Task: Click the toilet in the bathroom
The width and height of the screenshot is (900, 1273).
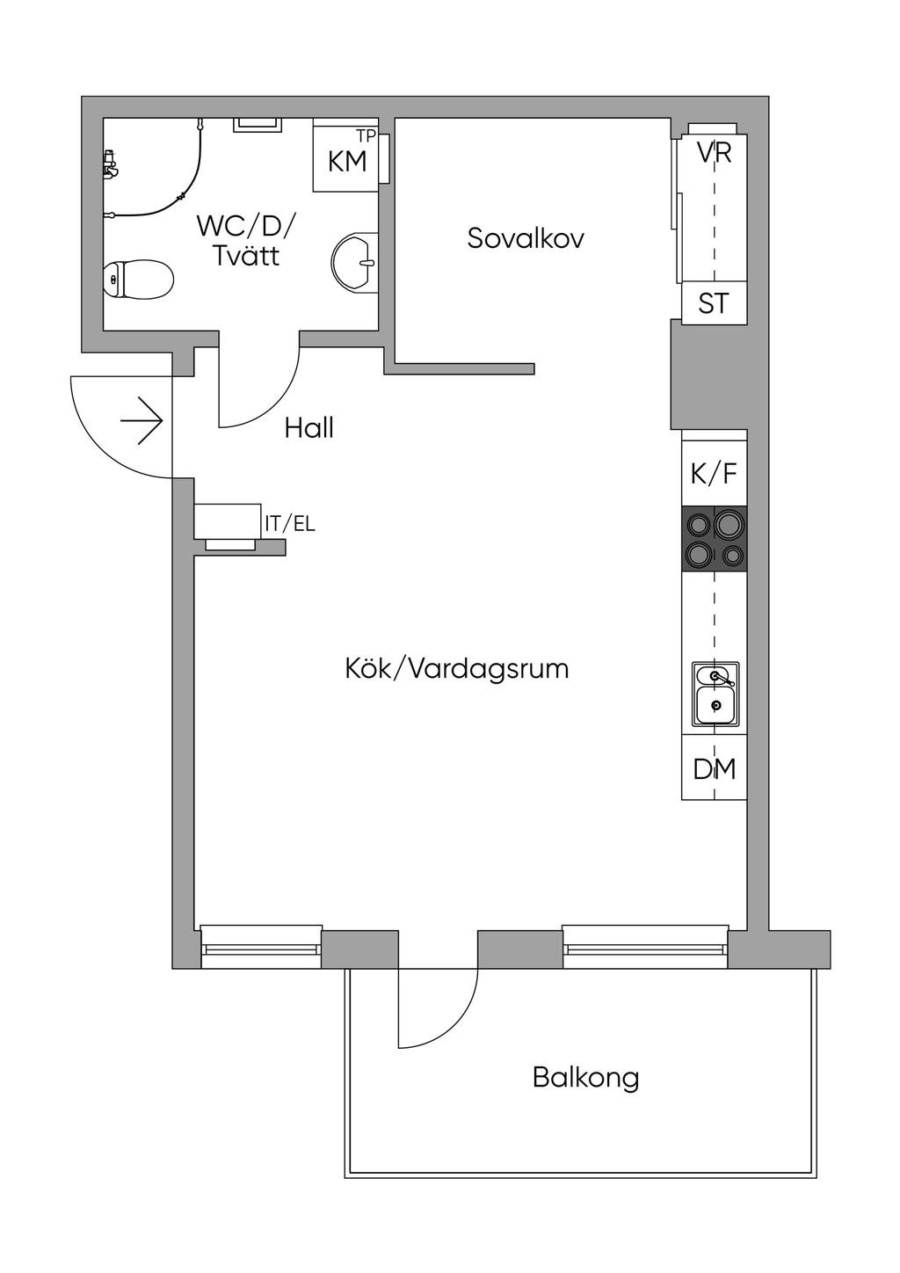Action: pyautogui.click(x=138, y=280)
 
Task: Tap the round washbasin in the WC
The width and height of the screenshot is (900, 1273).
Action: pyautogui.click(x=356, y=262)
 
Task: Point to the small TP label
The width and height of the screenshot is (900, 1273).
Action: pyautogui.click(x=367, y=135)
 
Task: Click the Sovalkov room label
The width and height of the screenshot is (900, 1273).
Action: pyautogui.click(x=526, y=238)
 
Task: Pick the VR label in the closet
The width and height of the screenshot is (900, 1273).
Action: pyautogui.click(x=714, y=152)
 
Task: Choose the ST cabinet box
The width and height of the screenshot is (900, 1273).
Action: pyautogui.click(x=714, y=303)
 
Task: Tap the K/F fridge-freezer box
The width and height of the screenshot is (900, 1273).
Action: pyautogui.click(x=714, y=474)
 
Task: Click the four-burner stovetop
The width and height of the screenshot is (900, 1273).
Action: pyautogui.click(x=714, y=540)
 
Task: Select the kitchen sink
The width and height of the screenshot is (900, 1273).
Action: pyautogui.click(x=715, y=695)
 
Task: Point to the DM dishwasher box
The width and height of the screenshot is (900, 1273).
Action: pyautogui.click(x=714, y=769)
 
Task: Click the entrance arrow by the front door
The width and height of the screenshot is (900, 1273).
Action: pyautogui.click(x=142, y=423)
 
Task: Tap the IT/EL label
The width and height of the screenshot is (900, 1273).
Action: pyautogui.click(x=290, y=525)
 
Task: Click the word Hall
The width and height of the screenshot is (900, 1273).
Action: pyautogui.click(x=308, y=428)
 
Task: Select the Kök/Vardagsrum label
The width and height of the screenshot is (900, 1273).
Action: pyautogui.click(x=456, y=669)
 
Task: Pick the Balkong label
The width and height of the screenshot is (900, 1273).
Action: pyautogui.click(x=585, y=1077)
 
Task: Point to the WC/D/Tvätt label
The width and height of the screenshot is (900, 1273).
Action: pyautogui.click(x=246, y=240)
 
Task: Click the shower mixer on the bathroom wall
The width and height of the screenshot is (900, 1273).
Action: pyautogui.click(x=110, y=164)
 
